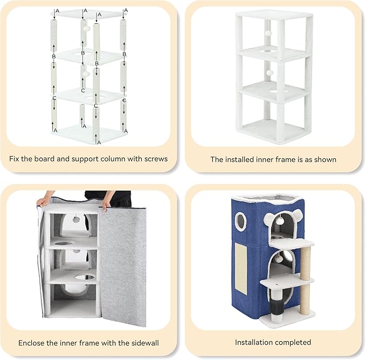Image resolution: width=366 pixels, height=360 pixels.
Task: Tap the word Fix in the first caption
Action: [x=15, y=159]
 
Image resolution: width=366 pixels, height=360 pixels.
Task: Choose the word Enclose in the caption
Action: [x=32, y=343]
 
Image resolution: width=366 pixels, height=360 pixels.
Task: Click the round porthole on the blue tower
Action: [x=241, y=221]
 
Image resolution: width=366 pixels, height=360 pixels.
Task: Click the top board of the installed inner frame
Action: [x=273, y=15]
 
